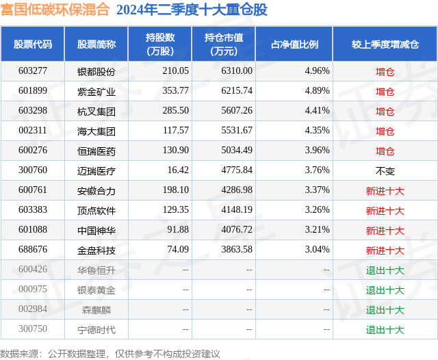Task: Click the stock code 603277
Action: point(33,71)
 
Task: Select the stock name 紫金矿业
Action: point(96,91)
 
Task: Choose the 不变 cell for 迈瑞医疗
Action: point(385,170)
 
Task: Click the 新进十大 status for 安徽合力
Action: point(385,190)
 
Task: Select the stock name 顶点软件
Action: point(96,210)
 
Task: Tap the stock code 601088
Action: point(33,230)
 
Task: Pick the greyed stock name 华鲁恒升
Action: point(96,270)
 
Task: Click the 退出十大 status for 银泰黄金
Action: point(385,290)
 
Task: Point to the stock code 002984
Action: point(33,309)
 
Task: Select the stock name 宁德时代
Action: point(96,329)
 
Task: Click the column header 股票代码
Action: point(33,44)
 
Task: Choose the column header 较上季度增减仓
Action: point(385,44)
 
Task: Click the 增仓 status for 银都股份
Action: point(385,71)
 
